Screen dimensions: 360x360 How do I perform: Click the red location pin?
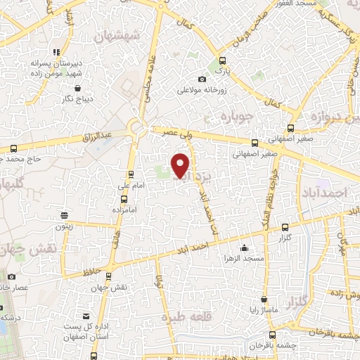point(181,165)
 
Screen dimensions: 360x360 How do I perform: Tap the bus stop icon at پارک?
point(222,60)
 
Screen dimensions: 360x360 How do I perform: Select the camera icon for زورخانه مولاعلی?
point(202,79)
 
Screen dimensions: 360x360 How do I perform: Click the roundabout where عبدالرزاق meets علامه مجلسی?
point(136,128)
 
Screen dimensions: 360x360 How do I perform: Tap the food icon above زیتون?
point(64,215)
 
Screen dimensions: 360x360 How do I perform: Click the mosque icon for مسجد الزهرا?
point(243,247)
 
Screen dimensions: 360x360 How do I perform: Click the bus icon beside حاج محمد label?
point(14,148)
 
